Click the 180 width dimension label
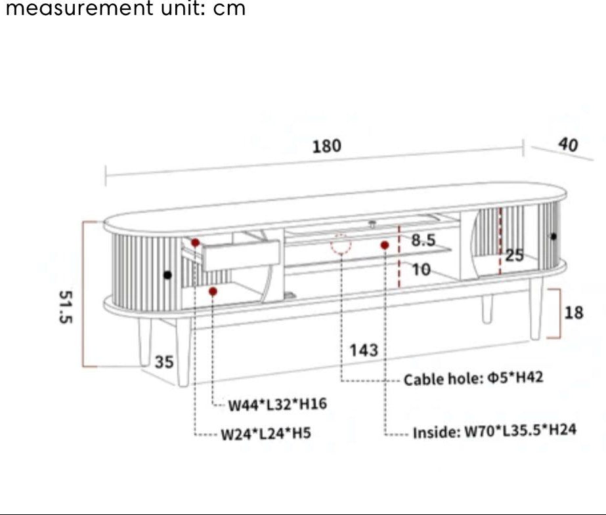pyautogui.click(x=326, y=146)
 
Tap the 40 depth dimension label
pyautogui.click(x=568, y=145)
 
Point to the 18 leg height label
pyautogui.click(x=573, y=312)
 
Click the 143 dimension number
pyautogui.click(x=363, y=350)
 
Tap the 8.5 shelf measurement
pyautogui.click(x=423, y=240)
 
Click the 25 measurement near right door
pyautogui.click(x=514, y=255)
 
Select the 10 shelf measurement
pyautogui.click(x=420, y=269)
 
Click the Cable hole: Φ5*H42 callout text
pyautogui.click(x=473, y=379)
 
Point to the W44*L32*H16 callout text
pyautogui.click(x=277, y=405)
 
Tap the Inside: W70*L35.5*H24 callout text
pyautogui.click(x=494, y=432)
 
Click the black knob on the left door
pyautogui.click(x=168, y=274)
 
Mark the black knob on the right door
pyautogui.click(x=553, y=236)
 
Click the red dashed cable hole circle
pyautogui.click(x=341, y=243)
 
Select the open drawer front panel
pyautogui.click(x=241, y=255)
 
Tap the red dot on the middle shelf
pyautogui.click(x=385, y=245)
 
